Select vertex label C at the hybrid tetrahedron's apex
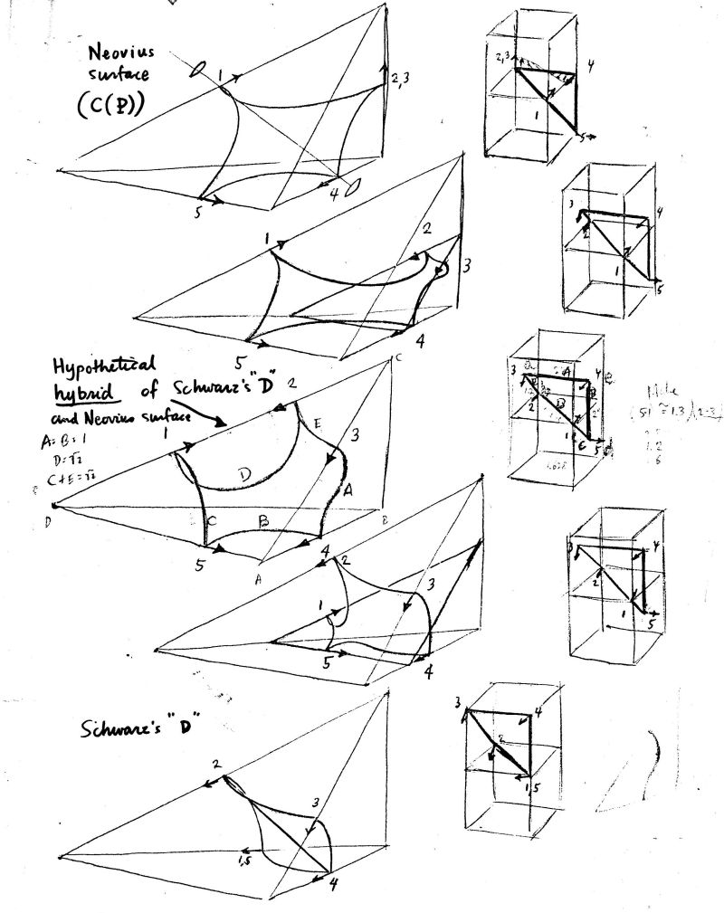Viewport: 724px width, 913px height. pos(395,359)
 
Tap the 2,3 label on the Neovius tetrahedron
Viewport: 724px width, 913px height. pos(402,81)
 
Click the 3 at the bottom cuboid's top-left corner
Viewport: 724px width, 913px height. pos(459,705)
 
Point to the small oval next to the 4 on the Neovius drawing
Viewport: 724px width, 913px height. pos(357,185)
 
